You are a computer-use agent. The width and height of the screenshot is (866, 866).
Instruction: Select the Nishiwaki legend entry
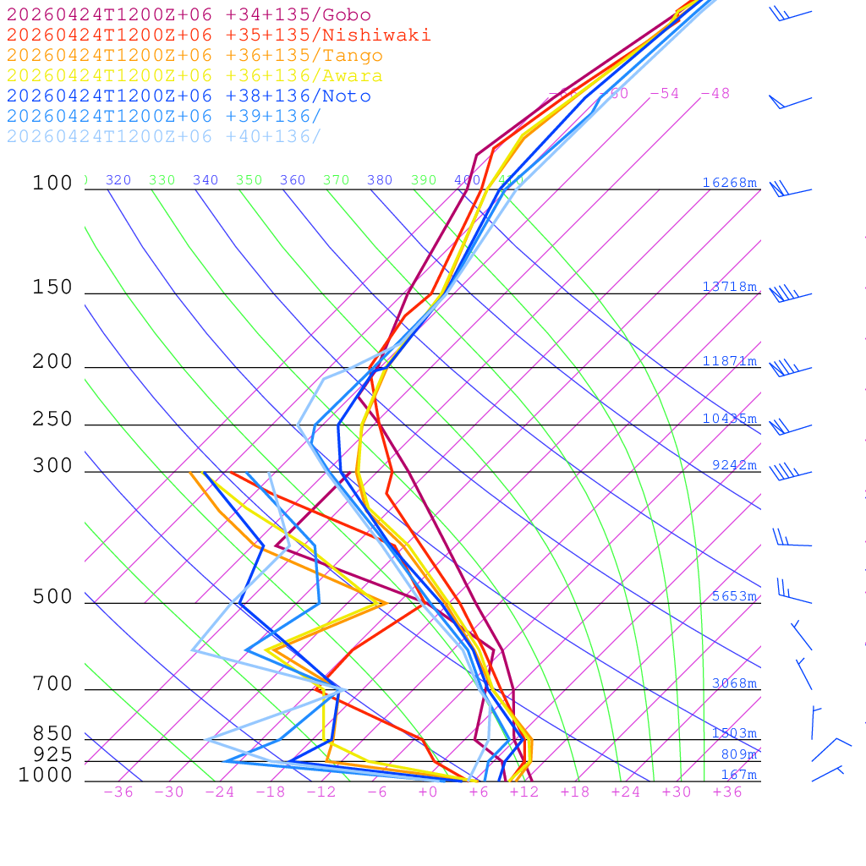point(218,35)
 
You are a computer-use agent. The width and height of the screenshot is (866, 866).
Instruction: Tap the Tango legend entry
point(195,56)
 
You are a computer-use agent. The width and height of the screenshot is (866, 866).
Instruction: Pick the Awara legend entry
point(195,76)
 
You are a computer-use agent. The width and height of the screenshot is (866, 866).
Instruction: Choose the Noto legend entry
point(189,96)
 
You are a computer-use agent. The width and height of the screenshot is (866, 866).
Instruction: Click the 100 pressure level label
point(52,183)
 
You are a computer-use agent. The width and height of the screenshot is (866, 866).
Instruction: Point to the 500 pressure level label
point(52,597)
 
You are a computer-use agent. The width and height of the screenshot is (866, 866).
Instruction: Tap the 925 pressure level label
point(52,754)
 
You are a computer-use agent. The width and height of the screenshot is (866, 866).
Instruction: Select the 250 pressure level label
point(52,419)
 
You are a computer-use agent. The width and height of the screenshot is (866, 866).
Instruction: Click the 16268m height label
point(730,183)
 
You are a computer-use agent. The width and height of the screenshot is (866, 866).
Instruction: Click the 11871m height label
point(730,361)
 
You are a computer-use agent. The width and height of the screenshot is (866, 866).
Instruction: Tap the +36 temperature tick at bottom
point(727,792)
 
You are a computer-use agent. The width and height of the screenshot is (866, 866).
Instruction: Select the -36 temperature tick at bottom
point(118,792)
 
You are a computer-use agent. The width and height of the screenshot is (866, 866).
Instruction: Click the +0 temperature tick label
point(428,792)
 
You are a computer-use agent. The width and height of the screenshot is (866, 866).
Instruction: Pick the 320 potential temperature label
point(118,180)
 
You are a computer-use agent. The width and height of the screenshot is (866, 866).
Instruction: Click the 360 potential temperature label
point(293,180)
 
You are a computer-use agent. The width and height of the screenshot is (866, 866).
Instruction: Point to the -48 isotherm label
point(715,94)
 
